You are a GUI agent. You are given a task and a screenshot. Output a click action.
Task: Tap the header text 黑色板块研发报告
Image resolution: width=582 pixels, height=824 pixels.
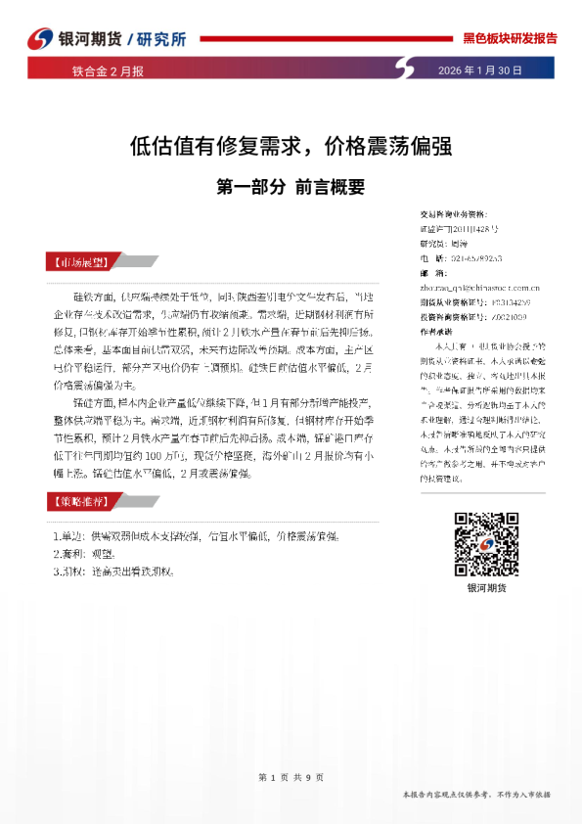[x=509, y=38]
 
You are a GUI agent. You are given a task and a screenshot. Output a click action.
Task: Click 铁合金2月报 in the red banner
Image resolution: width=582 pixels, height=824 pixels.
[x=108, y=70]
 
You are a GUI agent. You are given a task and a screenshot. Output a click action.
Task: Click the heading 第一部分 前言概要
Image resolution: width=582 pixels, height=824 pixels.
[x=291, y=183]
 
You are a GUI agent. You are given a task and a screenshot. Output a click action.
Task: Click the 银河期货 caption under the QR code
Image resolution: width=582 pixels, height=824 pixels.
[x=486, y=588]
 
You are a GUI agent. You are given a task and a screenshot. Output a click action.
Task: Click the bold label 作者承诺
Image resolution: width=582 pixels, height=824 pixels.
[x=436, y=332]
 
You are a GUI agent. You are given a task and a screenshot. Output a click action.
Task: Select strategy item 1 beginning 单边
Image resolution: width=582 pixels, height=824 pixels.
[x=196, y=537]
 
